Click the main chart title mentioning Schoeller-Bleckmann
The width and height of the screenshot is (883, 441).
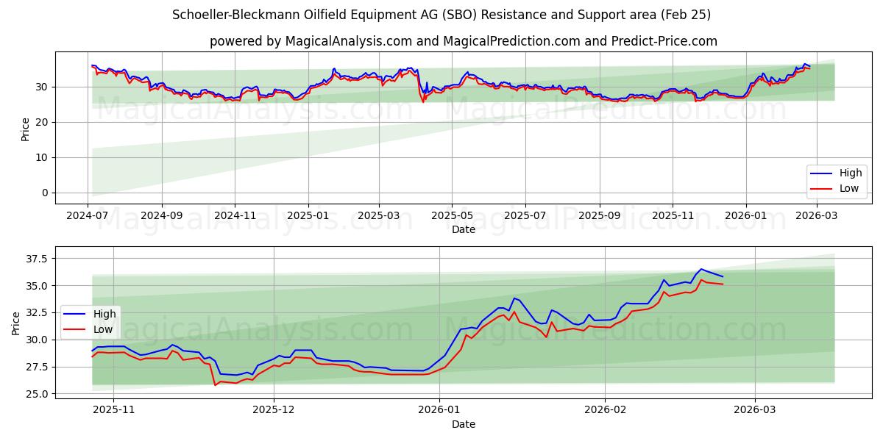tap(441, 15)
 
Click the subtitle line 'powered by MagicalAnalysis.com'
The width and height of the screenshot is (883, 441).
tap(464, 41)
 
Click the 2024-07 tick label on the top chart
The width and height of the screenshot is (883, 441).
tap(88, 215)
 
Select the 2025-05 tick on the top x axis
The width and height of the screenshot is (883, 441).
tap(452, 215)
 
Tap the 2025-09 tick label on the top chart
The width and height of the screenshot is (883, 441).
tap(599, 215)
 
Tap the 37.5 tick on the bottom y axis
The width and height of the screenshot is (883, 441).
tap(35, 259)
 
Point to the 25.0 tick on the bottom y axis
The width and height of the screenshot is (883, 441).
tap(35, 394)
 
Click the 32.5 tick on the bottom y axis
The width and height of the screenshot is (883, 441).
tap(35, 312)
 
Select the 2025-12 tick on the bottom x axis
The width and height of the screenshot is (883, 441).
tap(274, 409)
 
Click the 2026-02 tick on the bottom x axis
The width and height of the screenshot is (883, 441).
tap(605, 409)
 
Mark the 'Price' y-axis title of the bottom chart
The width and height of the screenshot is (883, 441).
tap(16, 323)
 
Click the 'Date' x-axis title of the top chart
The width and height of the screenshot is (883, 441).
tap(464, 229)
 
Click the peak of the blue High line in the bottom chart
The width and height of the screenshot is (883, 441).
tap(701, 269)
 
